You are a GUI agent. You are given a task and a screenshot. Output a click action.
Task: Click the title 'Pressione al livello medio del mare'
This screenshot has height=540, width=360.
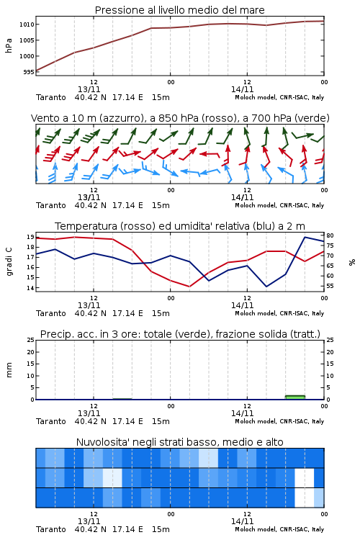point(179,10)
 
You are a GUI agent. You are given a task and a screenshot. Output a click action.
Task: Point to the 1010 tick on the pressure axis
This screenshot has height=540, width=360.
point(27,24)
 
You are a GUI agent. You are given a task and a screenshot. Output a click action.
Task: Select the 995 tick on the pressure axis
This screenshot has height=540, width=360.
point(29,72)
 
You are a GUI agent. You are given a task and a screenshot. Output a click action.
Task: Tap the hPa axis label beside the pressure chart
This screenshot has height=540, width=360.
point(9,45)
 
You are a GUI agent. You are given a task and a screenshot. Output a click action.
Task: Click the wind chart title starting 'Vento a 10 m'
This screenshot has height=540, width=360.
point(180,118)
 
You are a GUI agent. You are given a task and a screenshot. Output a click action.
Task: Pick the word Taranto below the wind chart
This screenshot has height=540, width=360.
point(50,205)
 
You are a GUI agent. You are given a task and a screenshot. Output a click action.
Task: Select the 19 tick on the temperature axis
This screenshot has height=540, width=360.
point(30,237)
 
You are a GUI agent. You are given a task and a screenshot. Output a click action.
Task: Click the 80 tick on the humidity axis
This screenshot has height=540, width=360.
point(330,235)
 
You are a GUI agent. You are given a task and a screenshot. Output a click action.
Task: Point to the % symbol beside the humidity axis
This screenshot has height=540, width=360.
point(352,262)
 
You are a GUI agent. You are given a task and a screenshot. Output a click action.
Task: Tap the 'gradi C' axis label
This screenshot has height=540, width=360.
point(9,261)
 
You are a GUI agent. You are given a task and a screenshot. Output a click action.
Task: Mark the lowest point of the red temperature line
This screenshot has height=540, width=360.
point(189,287)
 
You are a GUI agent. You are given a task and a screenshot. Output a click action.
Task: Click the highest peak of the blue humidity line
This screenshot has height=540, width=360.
point(305,237)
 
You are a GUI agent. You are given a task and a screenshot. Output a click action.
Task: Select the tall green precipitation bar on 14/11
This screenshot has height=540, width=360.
point(295,397)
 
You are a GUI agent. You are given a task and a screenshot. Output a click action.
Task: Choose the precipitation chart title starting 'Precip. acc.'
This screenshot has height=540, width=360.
point(180,334)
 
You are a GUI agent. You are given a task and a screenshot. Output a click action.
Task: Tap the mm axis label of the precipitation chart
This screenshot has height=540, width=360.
point(9,370)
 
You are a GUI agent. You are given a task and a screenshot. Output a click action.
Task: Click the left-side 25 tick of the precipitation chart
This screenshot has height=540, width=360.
point(30,340)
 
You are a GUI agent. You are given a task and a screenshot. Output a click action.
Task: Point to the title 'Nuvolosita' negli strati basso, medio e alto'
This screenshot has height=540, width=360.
point(179,442)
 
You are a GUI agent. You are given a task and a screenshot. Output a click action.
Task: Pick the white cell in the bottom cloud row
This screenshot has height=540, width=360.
point(304,498)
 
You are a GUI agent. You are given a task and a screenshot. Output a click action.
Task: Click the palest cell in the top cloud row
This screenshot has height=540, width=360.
point(208,458)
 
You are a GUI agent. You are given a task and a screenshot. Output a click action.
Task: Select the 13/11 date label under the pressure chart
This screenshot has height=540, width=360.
point(89,89)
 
